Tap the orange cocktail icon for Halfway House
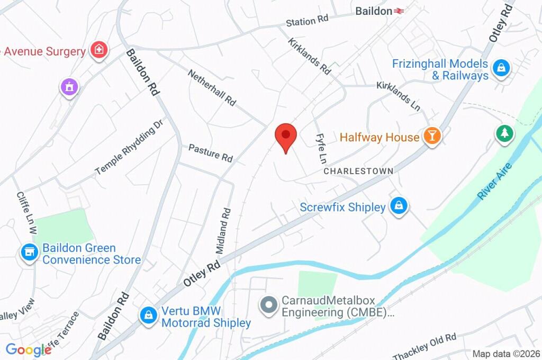tap(432, 137)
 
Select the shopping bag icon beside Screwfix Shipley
tap(398, 206)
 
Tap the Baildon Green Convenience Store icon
tap(29, 253)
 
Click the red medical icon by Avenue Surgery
tap(98, 51)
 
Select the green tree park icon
tap(504, 133)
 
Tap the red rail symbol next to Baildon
tap(399, 11)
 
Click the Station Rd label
tap(307, 21)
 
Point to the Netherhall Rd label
tap(212, 87)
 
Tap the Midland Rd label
tap(223, 229)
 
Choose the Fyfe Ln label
tap(321, 148)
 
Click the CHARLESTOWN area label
tap(358, 171)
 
